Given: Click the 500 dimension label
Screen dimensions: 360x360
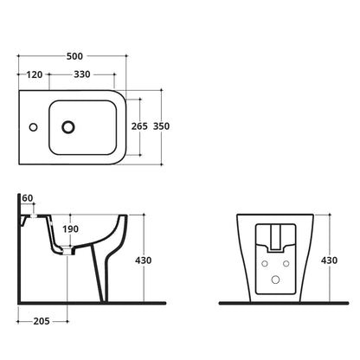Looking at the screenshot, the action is (74, 56).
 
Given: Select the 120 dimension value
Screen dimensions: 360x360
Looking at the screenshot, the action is (35, 74).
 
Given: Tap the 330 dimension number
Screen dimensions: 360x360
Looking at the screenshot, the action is (82, 74).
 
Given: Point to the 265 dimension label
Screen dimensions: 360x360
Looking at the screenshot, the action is (139, 126).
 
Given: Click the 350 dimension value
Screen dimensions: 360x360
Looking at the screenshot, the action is (161, 126).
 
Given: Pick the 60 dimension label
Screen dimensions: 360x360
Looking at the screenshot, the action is (28, 198).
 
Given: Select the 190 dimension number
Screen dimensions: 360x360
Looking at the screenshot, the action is (71, 229).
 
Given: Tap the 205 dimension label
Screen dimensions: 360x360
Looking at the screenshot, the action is (42, 321).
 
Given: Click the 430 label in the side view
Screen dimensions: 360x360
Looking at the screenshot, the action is (144, 260).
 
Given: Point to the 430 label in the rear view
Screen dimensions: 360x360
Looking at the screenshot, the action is (329, 260).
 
